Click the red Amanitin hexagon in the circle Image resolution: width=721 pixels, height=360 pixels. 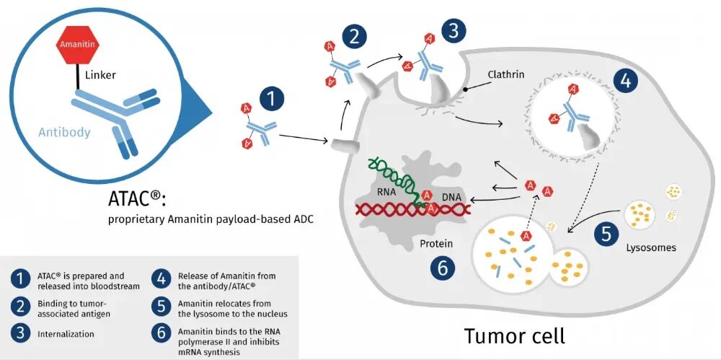point(77,44)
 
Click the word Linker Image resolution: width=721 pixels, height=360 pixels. point(100,74)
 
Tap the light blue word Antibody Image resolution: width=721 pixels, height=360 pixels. point(64,133)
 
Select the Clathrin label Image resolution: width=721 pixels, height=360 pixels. point(506,74)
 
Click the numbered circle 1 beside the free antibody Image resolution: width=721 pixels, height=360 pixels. point(272,100)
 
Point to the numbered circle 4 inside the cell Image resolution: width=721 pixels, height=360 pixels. point(625,81)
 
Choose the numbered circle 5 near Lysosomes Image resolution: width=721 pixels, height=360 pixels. point(606,234)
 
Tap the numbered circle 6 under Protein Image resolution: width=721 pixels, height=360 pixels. point(442,268)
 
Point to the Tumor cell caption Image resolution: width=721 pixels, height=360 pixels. point(514,335)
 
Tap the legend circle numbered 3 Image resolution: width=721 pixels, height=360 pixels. point(19,333)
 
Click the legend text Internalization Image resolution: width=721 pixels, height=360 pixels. point(66,334)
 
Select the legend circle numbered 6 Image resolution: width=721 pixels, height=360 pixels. point(161,333)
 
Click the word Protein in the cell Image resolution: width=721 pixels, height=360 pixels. point(436,244)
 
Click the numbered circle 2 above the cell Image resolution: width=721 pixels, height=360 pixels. point(354,37)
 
